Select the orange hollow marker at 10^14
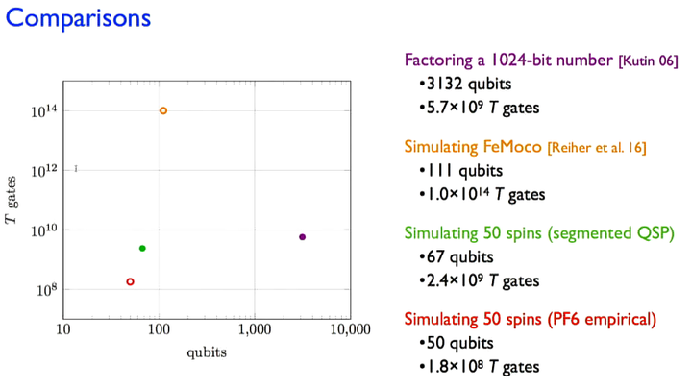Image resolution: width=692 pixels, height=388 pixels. click(163, 110)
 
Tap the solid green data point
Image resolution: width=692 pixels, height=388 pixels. click(142, 249)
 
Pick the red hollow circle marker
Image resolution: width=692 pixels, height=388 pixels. click(130, 281)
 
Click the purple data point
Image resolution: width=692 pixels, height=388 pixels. click(302, 237)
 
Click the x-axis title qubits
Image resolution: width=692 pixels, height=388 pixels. click(207, 352)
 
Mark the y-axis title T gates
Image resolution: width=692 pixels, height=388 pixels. click(12, 200)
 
